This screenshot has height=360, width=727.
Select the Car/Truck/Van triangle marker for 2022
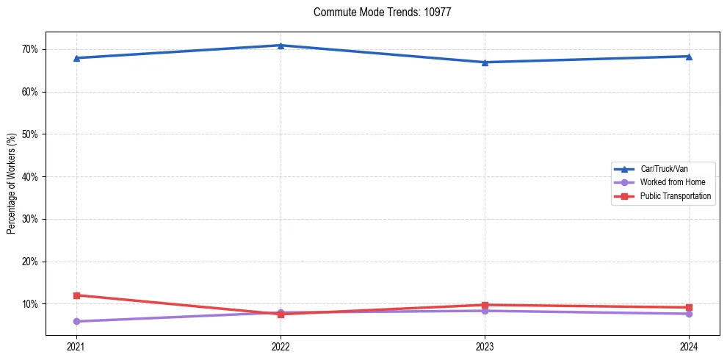click(281, 46)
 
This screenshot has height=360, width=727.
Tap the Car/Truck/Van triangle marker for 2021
click(76, 58)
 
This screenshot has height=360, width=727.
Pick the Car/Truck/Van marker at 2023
click(485, 62)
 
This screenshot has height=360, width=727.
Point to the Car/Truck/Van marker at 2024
click(689, 57)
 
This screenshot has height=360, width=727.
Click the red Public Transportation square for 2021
click(76, 295)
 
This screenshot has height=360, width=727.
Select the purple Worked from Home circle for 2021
click(76, 321)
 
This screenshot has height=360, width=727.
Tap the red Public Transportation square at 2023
click(485, 305)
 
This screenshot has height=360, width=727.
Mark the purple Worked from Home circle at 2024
click(689, 314)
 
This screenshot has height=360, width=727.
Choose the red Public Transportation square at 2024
click(689, 307)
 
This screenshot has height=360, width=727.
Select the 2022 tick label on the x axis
click(281, 346)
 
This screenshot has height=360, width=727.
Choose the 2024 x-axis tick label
click(689, 346)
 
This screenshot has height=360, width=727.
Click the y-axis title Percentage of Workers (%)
click(12, 184)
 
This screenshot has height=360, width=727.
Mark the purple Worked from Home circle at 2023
click(485, 311)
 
